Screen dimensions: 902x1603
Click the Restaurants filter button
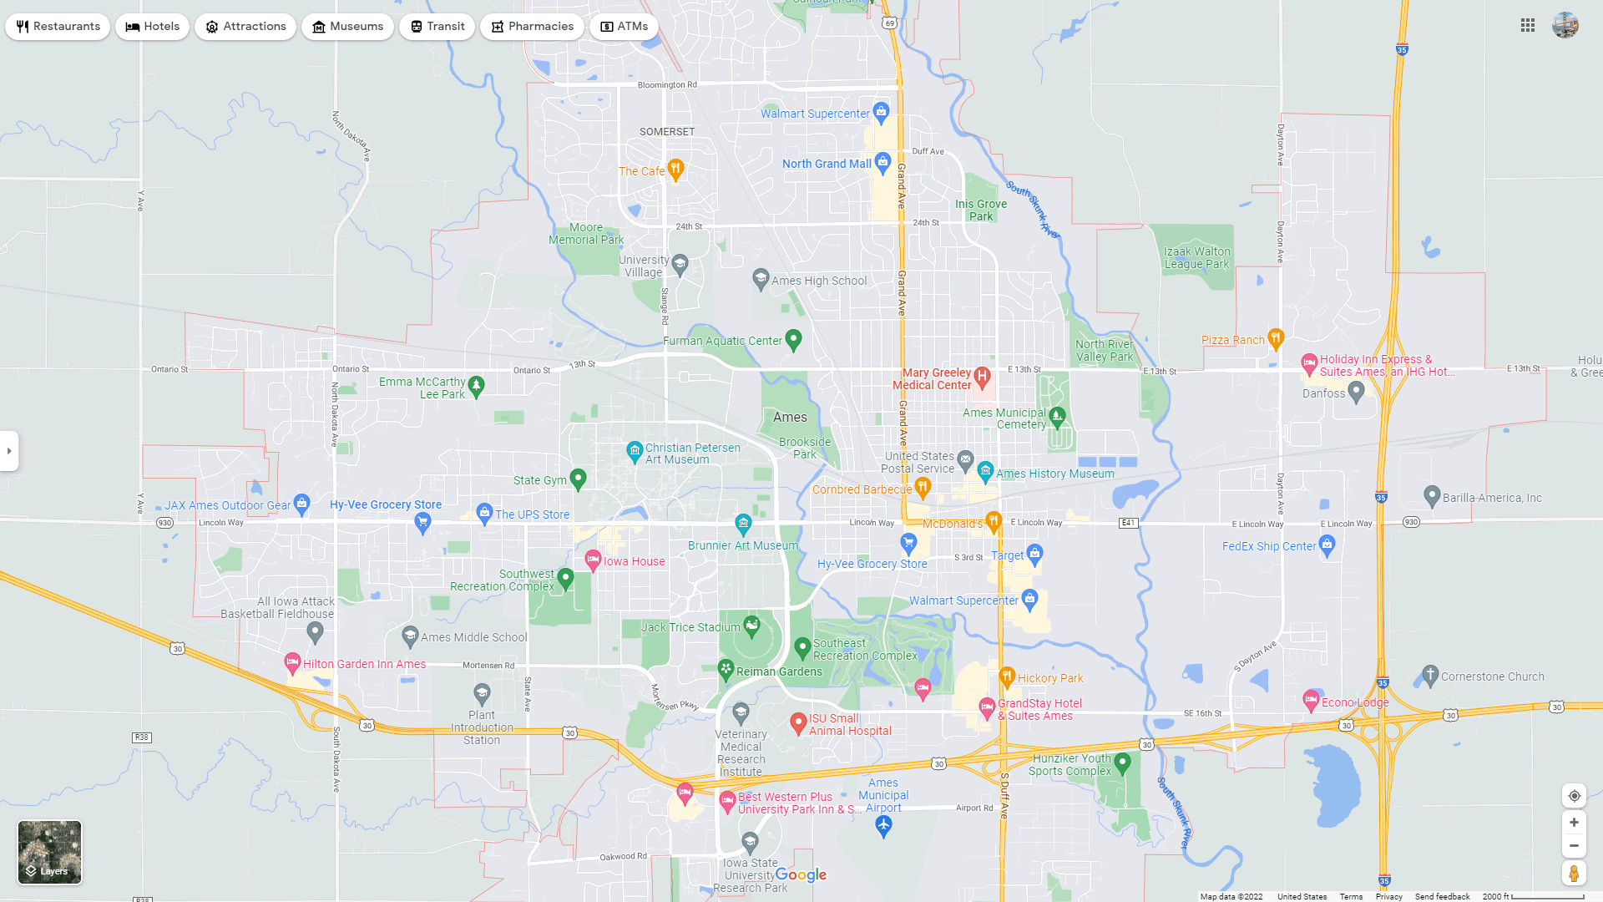pyautogui.click(x=58, y=27)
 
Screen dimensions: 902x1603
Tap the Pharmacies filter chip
pyautogui.click(x=532, y=27)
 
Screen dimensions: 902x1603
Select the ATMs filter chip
pyautogui.click(x=624, y=27)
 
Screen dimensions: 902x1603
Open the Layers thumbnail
pyautogui.click(x=50, y=852)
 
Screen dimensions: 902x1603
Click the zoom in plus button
pyautogui.click(x=1574, y=823)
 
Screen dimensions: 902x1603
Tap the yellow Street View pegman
pyautogui.click(x=1574, y=873)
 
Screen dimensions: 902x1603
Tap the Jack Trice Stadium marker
pyautogui.click(x=752, y=625)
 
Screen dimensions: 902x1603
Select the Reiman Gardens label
pyautogui.click(x=779, y=671)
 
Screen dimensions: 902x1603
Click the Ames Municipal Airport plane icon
pyautogui.click(x=883, y=825)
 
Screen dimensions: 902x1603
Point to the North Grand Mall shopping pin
pyautogui.click(x=883, y=162)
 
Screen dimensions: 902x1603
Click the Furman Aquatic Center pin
pyautogui.click(x=794, y=339)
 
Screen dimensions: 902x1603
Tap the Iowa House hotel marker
pyautogui.click(x=593, y=560)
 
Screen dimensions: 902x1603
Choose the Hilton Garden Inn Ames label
pyautogui.click(x=364, y=664)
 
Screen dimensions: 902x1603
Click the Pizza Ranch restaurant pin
pyautogui.click(x=1275, y=337)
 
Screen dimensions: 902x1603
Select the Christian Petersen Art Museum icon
pyautogui.click(x=635, y=451)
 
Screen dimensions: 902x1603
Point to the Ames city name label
pyautogui.click(x=790, y=417)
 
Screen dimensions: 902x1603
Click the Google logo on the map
pyautogui.click(x=801, y=874)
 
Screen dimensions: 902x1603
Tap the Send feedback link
pyautogui.click(x=1442, y=896)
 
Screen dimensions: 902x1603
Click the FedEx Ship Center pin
pyautogui.click(x=1327, y=545)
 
